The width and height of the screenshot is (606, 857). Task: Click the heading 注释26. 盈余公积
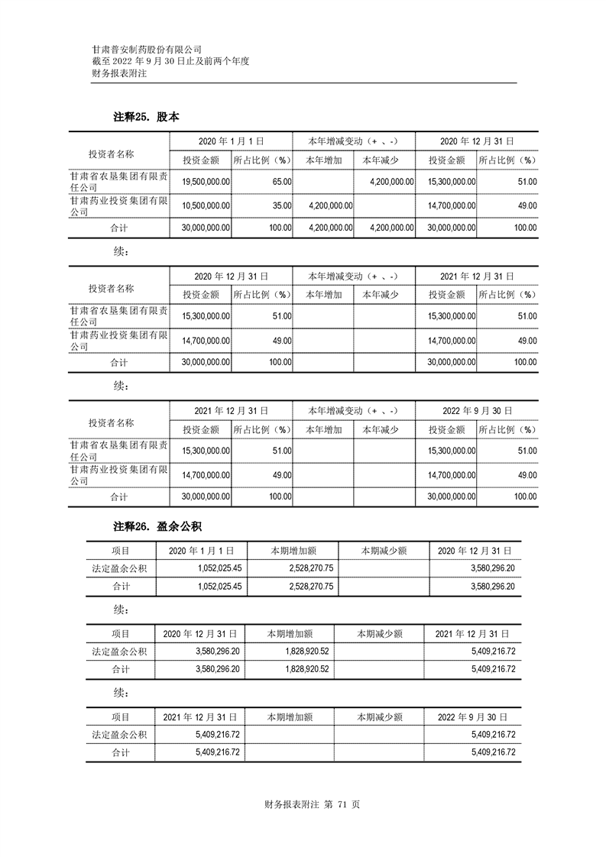point(157,526)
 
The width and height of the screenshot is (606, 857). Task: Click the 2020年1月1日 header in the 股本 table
point(231,141)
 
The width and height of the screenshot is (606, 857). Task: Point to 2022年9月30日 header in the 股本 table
point(476,410)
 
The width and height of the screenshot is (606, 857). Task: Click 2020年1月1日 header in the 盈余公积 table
point(200,550)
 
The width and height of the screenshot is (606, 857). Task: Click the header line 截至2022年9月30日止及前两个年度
point(171,61)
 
